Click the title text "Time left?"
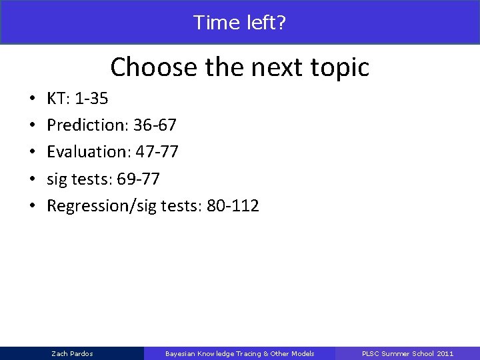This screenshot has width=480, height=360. click(x=239, y=23)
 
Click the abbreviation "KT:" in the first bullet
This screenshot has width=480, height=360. click(x=59, y=99)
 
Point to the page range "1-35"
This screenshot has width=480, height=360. click(x=91, y=99)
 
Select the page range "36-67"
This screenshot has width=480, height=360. click(x=155, y=125)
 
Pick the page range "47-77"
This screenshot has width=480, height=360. click(x=157, y=152)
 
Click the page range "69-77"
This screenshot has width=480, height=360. click(x=138, y=179)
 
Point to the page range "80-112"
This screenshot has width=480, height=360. click(x=233, y=206)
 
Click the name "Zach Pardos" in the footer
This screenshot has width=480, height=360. click(x=72, y=353)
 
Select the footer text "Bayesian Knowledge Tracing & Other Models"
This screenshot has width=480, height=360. click(x=239, y=353)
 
